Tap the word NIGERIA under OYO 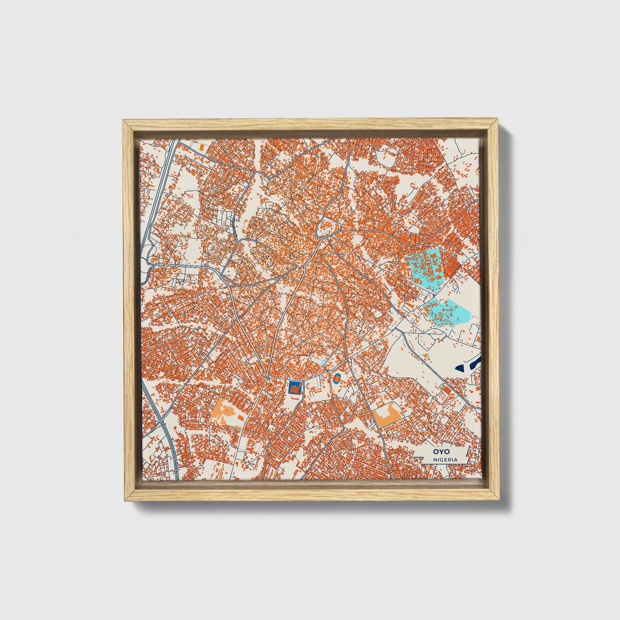pos(445,460)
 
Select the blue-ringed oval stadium pos(337,378)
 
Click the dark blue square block pos(294,388)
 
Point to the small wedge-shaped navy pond pos(460,367)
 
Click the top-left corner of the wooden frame pos(124,121)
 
